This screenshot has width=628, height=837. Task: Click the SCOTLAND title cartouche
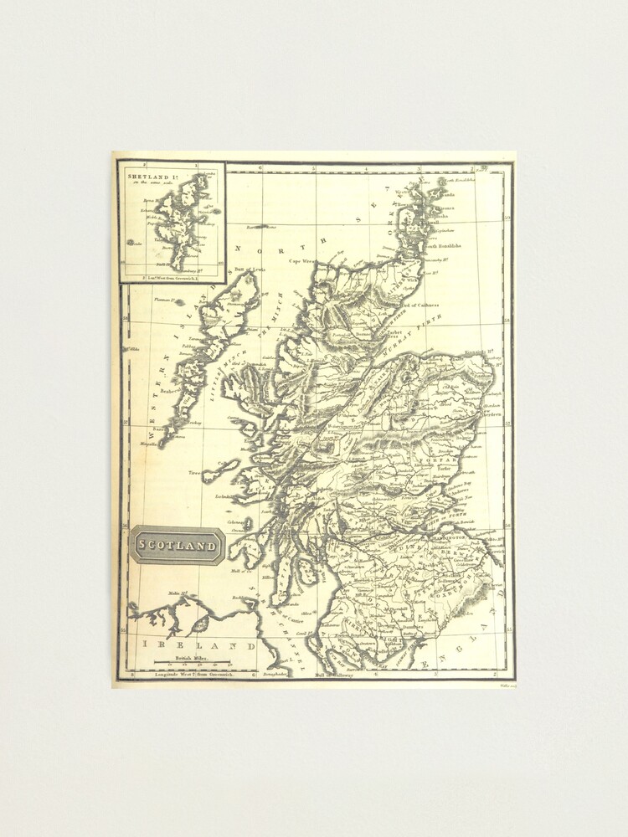[177, 546]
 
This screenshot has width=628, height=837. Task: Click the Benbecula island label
[172, 390]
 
